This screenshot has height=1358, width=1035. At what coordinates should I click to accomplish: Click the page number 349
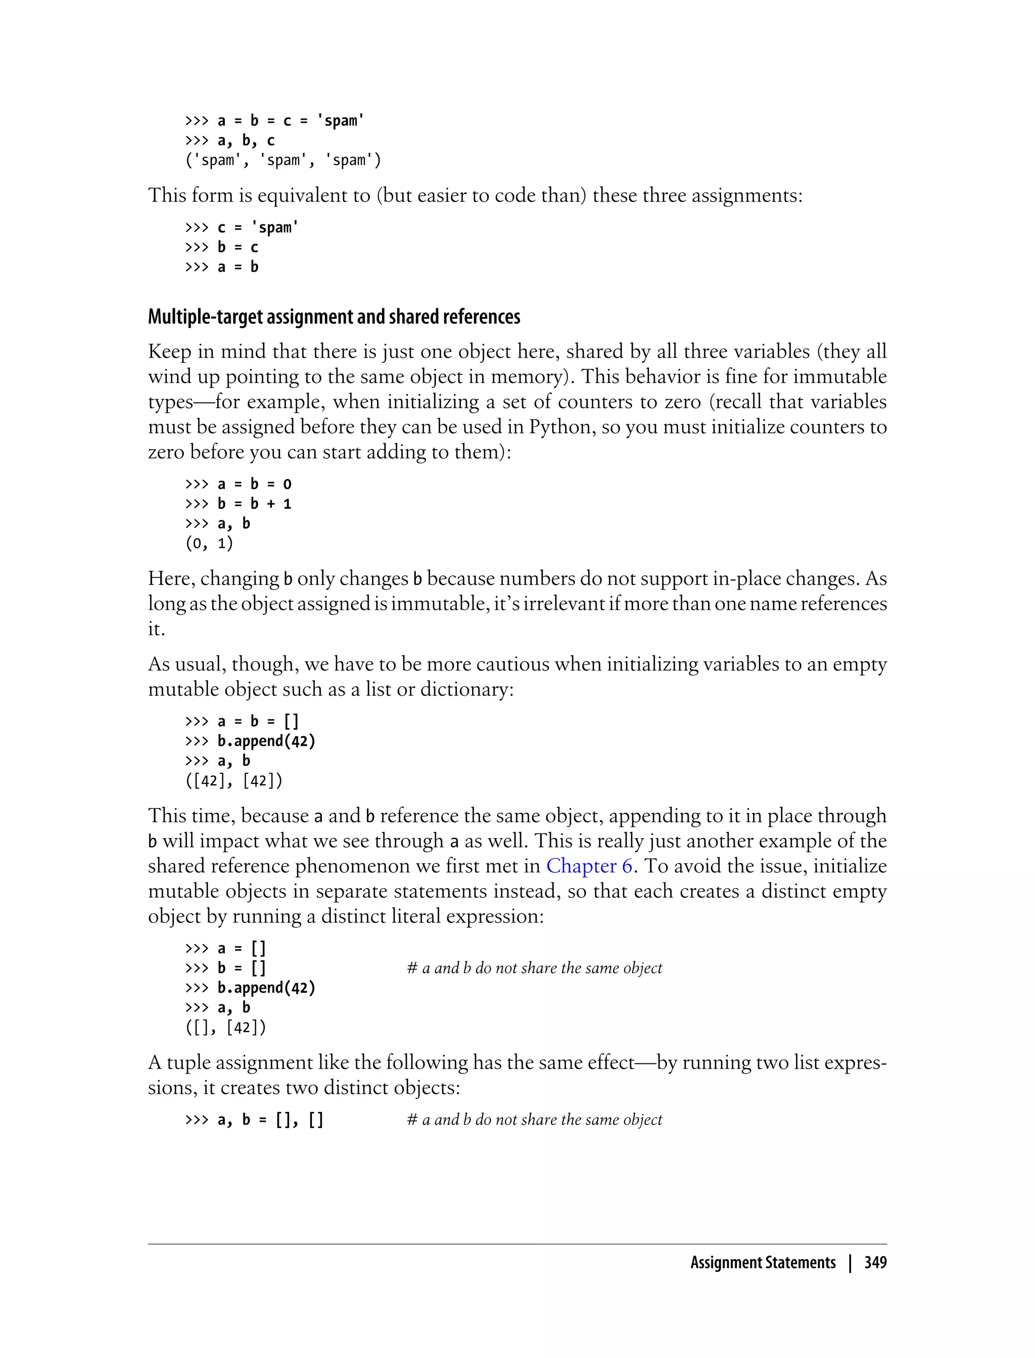pos(875,1263)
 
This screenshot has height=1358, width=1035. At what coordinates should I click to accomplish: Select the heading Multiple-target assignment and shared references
pos(334,317)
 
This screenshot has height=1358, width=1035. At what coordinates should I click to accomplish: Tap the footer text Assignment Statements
pos(763,1263)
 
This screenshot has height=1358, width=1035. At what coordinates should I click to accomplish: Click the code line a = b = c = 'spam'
pos(275,121)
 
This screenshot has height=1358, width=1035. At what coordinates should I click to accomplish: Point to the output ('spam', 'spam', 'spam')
pos(283,160)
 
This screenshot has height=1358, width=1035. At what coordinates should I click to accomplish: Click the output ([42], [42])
pos(233,781)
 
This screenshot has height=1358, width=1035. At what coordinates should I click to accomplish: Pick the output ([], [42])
pos(225,1027)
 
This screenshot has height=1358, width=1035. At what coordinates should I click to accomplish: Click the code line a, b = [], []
pos(254,1120)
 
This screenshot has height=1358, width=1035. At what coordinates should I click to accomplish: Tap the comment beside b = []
pos(534,968)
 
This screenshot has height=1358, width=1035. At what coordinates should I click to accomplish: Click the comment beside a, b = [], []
pos(534,1120)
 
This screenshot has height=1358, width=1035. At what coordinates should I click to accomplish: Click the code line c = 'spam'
pos(242,228)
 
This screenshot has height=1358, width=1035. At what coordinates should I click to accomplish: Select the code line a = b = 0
pos(239,484)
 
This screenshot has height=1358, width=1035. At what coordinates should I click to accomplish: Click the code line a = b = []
pos(242,721)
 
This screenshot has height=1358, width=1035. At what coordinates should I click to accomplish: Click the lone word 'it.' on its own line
pos(157,629)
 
